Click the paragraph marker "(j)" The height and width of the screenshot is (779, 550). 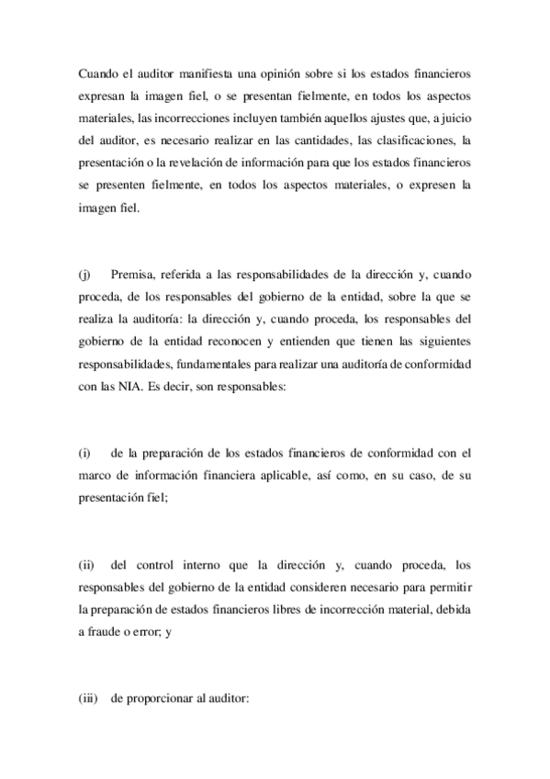pyautogui.click(x=84, y=274)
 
